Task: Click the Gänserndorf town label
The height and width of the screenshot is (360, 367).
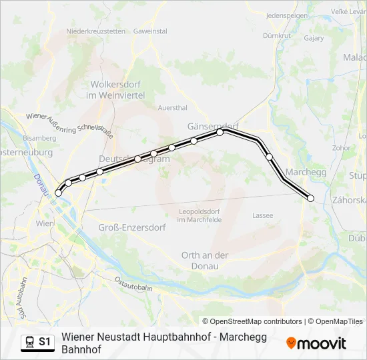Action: (213, 125)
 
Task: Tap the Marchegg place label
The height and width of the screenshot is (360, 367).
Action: (308, 172)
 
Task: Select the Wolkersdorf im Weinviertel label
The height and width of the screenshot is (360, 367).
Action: (116, 90)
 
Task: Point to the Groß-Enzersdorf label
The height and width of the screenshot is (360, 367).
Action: (132, 227)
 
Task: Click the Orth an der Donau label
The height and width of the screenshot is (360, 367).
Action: (205, 260)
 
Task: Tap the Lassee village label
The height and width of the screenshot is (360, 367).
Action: (263, 215)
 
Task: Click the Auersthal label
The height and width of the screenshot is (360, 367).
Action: (172, 107)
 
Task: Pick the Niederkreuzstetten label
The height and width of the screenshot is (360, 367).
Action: (96, 31)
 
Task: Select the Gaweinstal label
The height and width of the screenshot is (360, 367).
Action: (150, 31)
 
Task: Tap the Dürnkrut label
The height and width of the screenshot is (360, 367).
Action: (274, 35)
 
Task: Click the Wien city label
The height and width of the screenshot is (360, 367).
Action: (44, 223)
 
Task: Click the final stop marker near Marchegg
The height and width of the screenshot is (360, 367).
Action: (310, 197)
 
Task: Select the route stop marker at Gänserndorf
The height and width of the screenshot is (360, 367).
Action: (220, 132)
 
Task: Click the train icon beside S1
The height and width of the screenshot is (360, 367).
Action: (29, 342)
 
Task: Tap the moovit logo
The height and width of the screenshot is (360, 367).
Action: (316, 343)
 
